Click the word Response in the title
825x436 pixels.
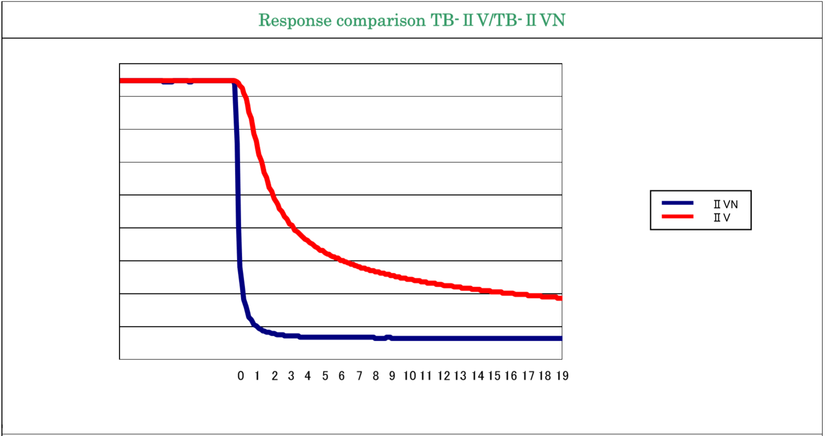[x=295, y=21]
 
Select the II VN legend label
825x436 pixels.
[x=726, y=204]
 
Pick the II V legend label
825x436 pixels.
[x=722, y=218]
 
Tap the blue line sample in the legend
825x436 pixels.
[x=677, y=203]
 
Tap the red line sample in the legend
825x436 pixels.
[x=677, y=216]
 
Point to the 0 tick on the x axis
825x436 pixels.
[x=241, y=376]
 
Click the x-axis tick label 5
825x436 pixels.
[x=325, y=376]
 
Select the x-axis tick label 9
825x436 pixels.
[x=392, y=376]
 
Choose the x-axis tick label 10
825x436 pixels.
[x=410, y=376]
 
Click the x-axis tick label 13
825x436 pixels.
[x=460, y=376]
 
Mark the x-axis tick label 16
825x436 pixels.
[x=511, y=376]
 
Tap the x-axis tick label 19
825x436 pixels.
[x=563, y=376]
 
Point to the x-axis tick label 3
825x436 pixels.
[x=291, y=376]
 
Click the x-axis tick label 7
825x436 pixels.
[x=359, y=376]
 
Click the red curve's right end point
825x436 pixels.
[x=560, y=298]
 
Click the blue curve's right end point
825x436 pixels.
[x=560, y=338]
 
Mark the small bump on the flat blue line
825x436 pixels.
[x=389, y=337]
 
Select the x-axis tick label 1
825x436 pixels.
[x=257, y=376]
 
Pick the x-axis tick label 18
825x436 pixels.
[x=545, y=376]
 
